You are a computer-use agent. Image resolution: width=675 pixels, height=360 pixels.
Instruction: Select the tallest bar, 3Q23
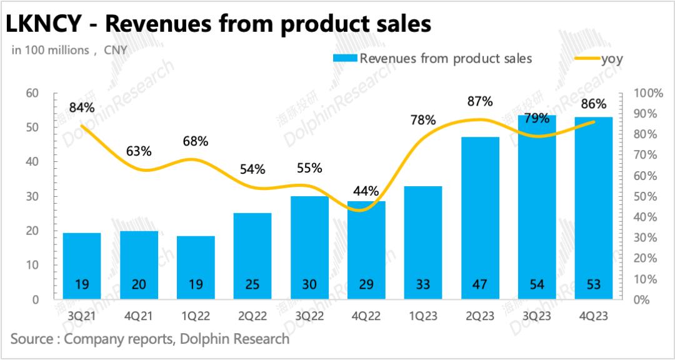point(537,206)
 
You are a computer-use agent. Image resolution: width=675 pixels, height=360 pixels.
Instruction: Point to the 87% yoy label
point(480,101)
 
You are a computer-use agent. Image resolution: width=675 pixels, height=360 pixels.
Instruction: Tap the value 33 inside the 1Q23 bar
point(423,285)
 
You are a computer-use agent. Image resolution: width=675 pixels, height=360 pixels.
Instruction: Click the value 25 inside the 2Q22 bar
point(252,285)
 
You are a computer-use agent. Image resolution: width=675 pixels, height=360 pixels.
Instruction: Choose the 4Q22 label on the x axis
point(366,316)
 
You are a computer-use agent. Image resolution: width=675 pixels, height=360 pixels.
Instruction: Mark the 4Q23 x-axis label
point(594,316)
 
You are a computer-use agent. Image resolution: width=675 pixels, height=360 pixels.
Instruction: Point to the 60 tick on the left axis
point(32,94)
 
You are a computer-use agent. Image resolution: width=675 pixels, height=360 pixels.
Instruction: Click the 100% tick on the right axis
point(649,94)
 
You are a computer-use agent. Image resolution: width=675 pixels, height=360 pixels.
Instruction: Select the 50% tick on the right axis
point(646,197)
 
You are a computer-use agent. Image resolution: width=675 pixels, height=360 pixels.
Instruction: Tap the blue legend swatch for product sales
point(344,59)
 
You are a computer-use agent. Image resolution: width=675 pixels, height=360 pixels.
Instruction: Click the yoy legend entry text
point(612,59)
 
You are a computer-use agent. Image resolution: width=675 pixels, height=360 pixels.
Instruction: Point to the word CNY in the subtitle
point(116,51)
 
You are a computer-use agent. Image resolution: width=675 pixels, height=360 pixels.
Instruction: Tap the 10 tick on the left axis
point(32,266)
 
